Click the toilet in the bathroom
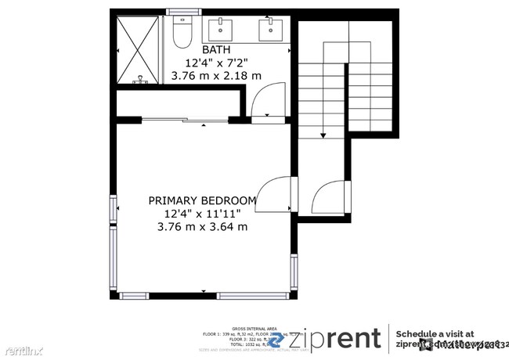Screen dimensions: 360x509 [x=182, y=33]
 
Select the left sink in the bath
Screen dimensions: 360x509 [x=222, y=30]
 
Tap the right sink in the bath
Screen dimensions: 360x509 [x=270, y=30]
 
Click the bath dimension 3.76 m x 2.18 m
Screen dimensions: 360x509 [x=217, y=76]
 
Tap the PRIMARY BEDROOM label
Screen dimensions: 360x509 [x=202, y=200]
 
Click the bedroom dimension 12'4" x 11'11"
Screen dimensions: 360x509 [x=202, y=214]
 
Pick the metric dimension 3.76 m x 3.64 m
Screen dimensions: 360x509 [x=202, y=227]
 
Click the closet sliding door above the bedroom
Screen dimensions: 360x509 [x=185, y=121]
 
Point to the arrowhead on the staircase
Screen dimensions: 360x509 [x=323, y=135]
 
